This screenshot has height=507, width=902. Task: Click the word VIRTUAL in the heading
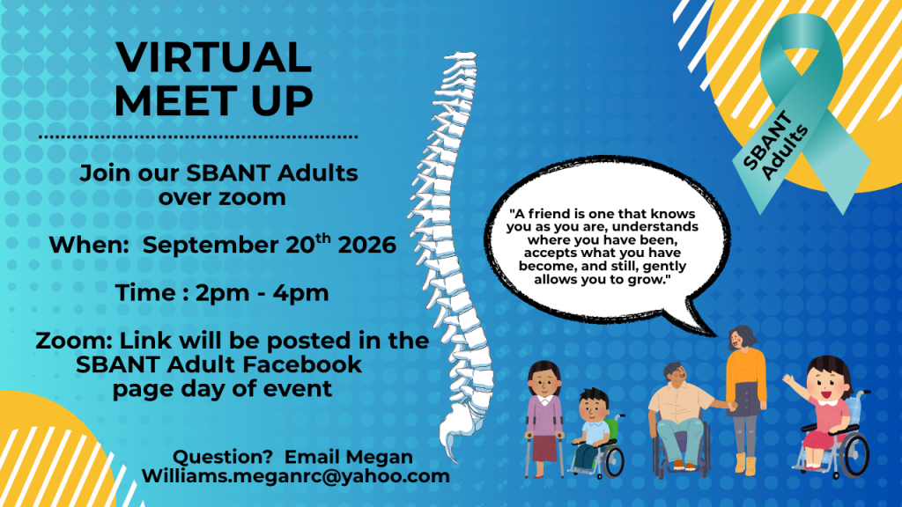(x=213, y=57)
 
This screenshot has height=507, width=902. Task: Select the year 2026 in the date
(x=367, y=245)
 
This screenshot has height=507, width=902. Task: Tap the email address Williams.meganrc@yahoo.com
(x=296, y=476)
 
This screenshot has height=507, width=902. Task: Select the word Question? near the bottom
(x=223, y=457)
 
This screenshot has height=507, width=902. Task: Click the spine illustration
(x=455, y=253)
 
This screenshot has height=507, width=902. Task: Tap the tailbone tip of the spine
(x=455, y=459)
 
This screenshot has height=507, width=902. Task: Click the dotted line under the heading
(x=198, y=136)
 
